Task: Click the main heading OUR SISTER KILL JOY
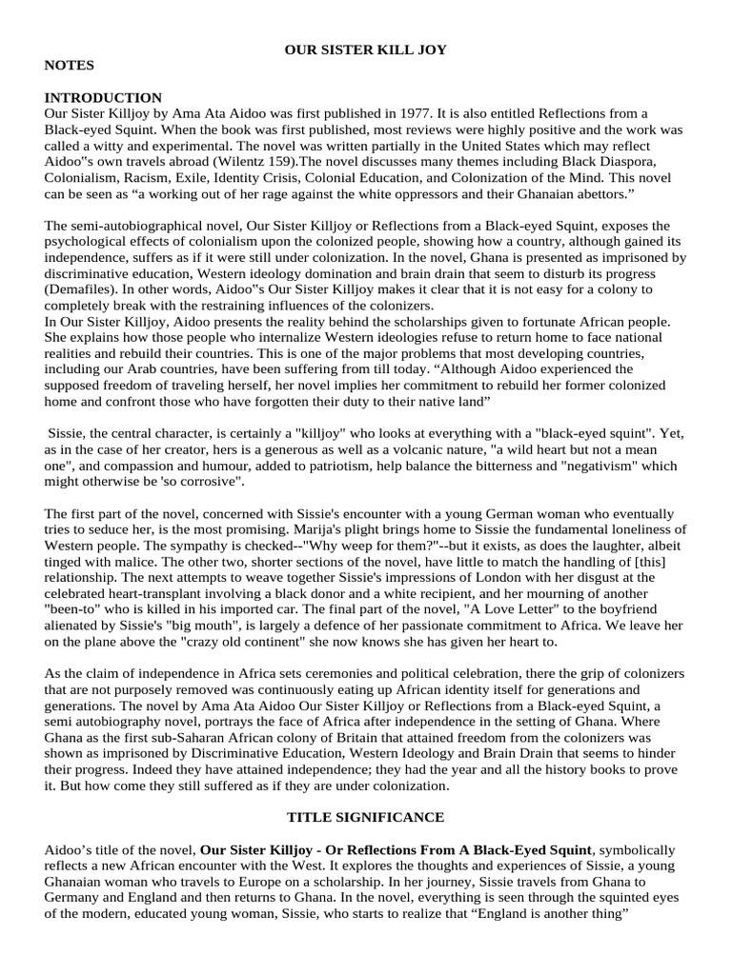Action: [365, 49]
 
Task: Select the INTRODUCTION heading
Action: [103, 98]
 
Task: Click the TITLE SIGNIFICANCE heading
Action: [365, 817]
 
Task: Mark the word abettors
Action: [605, 194]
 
